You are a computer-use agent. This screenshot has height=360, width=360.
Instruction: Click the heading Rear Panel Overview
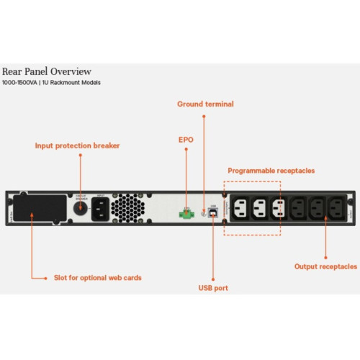pos(47,71)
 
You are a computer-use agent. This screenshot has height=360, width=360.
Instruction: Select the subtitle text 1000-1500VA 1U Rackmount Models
pos(51,83)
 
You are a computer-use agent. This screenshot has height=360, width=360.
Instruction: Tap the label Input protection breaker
pos(77,145)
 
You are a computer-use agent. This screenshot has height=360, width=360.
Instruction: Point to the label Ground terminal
pos(205,104)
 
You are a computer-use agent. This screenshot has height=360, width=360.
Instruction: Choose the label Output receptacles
pos(325,266)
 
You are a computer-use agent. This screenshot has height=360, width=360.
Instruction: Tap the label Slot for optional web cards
pos(98,276)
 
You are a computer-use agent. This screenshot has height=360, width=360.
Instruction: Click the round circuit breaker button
pos(81,208)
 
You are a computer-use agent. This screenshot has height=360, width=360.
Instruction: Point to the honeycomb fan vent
pos(128,208)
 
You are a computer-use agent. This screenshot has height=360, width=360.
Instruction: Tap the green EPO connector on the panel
pos(186,213)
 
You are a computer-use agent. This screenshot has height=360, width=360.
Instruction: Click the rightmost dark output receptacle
pos(336,210)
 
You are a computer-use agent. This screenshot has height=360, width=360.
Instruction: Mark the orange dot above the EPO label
pos(186,151)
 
